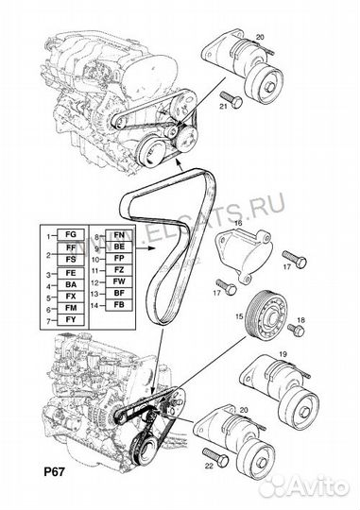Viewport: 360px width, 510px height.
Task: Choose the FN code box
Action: coord(118,231)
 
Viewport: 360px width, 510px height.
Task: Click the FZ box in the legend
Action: coord(118,270)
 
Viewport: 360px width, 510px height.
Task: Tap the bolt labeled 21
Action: coord(229,95)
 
